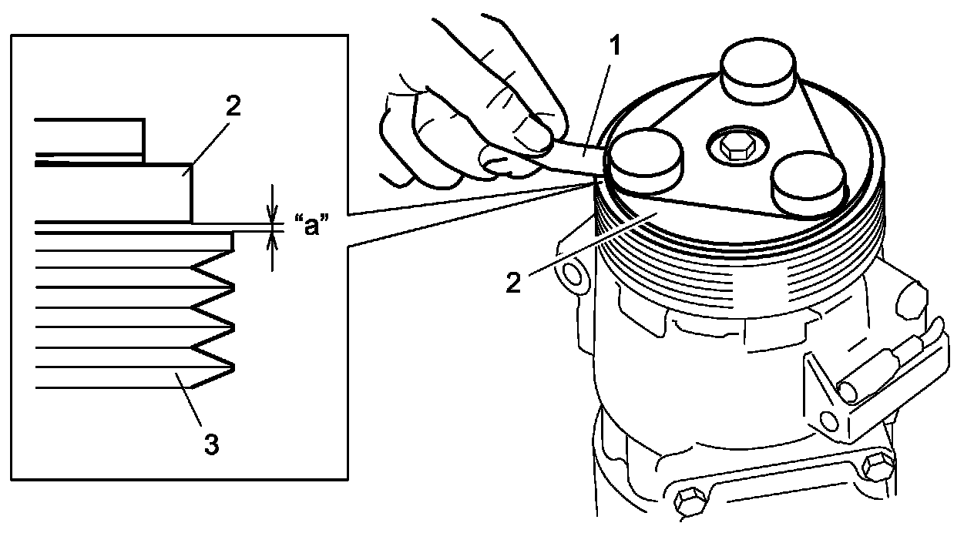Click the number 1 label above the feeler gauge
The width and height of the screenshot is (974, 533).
(614, 47)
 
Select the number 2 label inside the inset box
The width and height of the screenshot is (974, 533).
(233, 106)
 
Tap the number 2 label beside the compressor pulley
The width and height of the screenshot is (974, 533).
(513, 283)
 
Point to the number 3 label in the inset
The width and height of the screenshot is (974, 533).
(211, 444)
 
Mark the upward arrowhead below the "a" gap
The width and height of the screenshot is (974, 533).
(271, 240)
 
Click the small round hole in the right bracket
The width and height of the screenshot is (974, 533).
(829, 420)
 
